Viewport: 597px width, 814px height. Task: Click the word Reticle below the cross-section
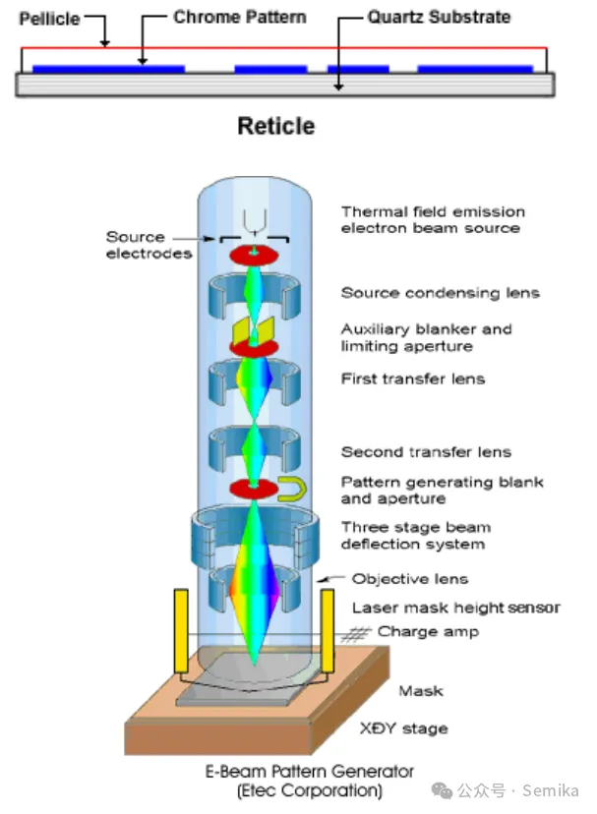[276, 126]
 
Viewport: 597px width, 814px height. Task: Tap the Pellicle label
[49, 19]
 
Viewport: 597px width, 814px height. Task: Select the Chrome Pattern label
[240, 17]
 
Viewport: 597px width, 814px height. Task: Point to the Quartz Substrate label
[439, 17]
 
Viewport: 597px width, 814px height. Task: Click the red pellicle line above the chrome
[283, 48]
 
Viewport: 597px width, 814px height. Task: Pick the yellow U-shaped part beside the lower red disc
[292, 490]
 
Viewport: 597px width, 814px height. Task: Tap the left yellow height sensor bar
[181, 630]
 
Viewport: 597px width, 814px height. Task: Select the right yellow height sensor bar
[328, 630]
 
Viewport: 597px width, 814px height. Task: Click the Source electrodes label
[149, 245]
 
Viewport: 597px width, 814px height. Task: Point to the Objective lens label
[410, 579]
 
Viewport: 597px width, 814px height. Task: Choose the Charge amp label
[428, 632]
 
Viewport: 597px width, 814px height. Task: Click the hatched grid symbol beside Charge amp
[356, 634]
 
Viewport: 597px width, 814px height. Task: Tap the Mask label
[421, 691]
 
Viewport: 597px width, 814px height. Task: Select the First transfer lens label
[413, 378]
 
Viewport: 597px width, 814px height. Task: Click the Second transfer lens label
[426, 452]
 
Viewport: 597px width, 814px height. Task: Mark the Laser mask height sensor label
[456, 608]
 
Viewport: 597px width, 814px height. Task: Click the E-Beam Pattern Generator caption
[310, 772]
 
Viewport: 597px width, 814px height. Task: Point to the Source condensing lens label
[440, 293]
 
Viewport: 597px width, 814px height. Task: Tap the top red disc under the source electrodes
[254, 255]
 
